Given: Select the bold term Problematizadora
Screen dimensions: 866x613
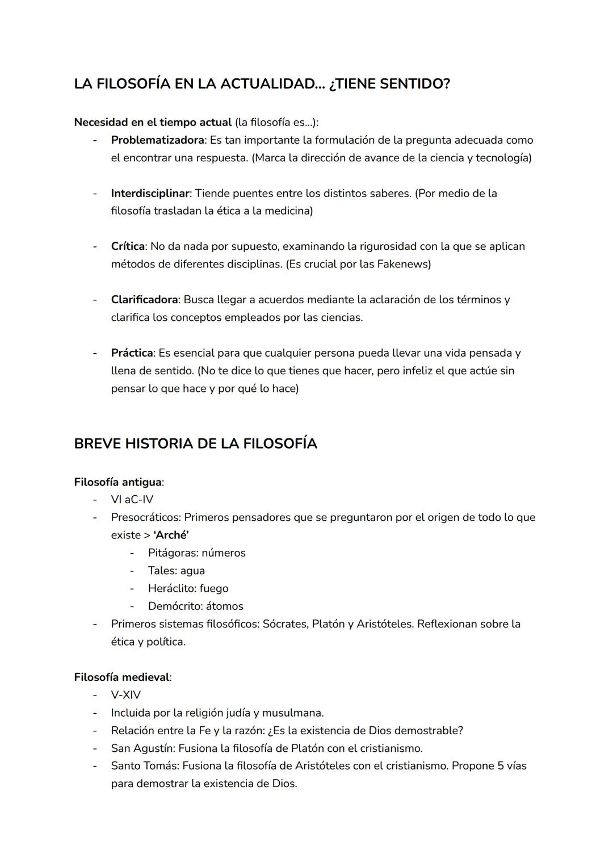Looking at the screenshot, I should click(157, 140).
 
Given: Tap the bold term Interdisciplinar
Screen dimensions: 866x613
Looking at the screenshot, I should click(150, 193).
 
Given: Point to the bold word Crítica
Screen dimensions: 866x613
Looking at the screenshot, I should click(128, 246).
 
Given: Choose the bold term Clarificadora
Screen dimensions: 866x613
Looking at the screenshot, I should click(144, 299).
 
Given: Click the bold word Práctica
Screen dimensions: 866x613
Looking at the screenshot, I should click(132, 353).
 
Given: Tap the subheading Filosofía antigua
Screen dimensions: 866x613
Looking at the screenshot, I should click(117, 482).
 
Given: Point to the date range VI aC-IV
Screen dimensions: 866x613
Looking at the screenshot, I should click(132, 500).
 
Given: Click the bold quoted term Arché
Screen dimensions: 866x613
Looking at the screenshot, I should click(171, 535).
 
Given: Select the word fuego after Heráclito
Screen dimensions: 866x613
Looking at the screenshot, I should click(214, 588).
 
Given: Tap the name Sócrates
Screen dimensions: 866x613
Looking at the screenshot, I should click(285, 624).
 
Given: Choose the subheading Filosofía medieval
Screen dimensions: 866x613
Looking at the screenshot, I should click(121, 677).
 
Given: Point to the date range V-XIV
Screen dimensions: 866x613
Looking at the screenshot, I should click(125, 695).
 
